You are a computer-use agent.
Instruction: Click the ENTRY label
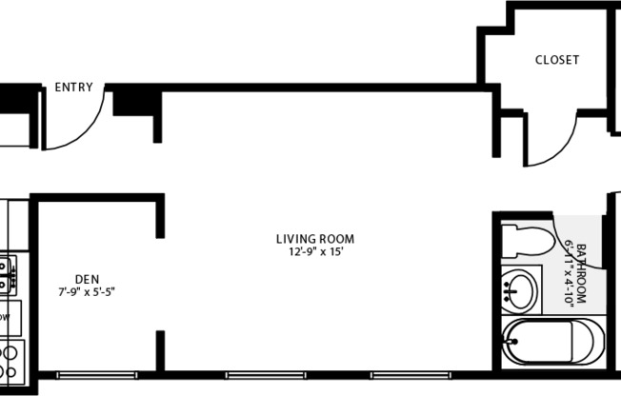point(73,88)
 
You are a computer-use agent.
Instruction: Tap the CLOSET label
point(556,60)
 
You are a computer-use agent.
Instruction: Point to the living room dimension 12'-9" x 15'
point(315,252)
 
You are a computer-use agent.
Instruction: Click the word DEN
point(87,281)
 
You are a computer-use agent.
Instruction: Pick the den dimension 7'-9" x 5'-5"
point(87,293)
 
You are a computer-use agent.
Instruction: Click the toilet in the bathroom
point(527,240)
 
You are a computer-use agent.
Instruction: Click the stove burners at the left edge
point(7,360)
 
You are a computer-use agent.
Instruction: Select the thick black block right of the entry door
point(133,101)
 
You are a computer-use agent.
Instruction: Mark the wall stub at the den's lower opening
point(160,350)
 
